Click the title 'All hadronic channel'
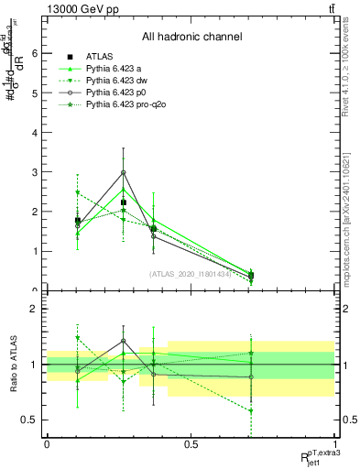[191, 38]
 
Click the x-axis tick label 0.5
[191, 444]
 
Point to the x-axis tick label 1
[334, 444]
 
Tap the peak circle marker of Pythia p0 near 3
[123, 172]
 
